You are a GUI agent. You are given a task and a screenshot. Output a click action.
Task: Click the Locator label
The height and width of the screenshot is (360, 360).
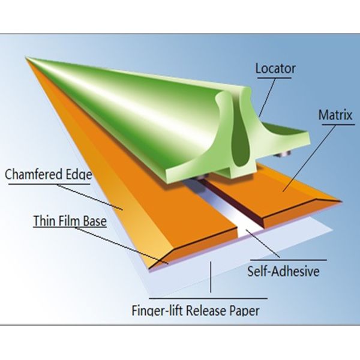[x=275, y=68]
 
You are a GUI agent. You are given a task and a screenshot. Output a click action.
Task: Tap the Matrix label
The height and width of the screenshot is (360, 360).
[x=335, y=115]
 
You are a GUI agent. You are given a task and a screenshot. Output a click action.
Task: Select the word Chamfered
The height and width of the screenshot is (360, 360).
[x=34, y=174]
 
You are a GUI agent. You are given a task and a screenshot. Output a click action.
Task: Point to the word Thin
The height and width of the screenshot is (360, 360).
[x=44, y=221]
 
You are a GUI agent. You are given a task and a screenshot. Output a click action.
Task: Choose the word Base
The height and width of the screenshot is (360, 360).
[x=95, y=221]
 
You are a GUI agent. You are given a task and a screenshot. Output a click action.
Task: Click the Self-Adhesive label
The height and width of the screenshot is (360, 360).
[x=283, y=271]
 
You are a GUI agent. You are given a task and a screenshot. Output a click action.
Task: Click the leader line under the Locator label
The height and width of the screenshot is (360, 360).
[x=267, y=97]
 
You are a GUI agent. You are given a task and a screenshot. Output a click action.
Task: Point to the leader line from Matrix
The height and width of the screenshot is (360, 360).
[x=309, y=158]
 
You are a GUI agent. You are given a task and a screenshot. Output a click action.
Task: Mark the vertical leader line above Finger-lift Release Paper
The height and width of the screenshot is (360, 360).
[x=211, y=277]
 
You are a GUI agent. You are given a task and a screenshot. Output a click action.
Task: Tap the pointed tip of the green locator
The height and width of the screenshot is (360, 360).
[x=26, y=58]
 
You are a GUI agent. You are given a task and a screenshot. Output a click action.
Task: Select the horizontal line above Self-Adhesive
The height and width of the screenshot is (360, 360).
[x=289, y=260]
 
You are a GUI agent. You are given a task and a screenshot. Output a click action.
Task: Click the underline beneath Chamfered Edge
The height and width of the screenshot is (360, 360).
[x=49, y=184]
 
